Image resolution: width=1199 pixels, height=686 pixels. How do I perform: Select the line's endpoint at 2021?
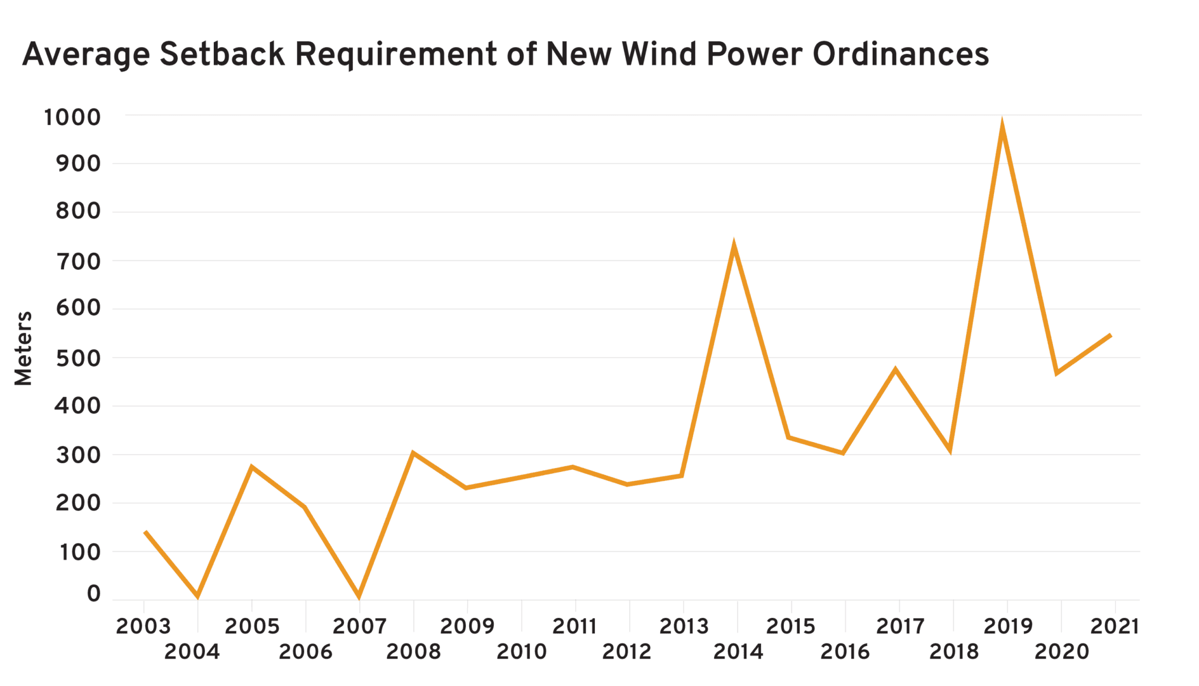(1110, 335)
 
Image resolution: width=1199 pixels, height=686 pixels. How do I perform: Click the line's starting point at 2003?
(146, 532)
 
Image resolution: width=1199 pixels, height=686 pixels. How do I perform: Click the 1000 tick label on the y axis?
(72, 118)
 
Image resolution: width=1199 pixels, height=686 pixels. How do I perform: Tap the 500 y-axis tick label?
(78, 358)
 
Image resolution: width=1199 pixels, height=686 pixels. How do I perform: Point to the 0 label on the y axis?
(93, 594)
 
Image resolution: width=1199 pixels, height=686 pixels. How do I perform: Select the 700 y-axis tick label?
(78, 261)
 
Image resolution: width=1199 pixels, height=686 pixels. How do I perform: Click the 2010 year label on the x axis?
(521, 652)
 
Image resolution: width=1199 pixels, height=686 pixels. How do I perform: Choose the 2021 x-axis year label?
(1115, 627)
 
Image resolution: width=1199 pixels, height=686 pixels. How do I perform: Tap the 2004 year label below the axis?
(192, 652)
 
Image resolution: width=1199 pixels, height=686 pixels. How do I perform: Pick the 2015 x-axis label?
(791, 627)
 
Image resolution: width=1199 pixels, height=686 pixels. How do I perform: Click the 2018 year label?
(954, 652)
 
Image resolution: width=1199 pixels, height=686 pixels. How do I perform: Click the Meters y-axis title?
(23, 348)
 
